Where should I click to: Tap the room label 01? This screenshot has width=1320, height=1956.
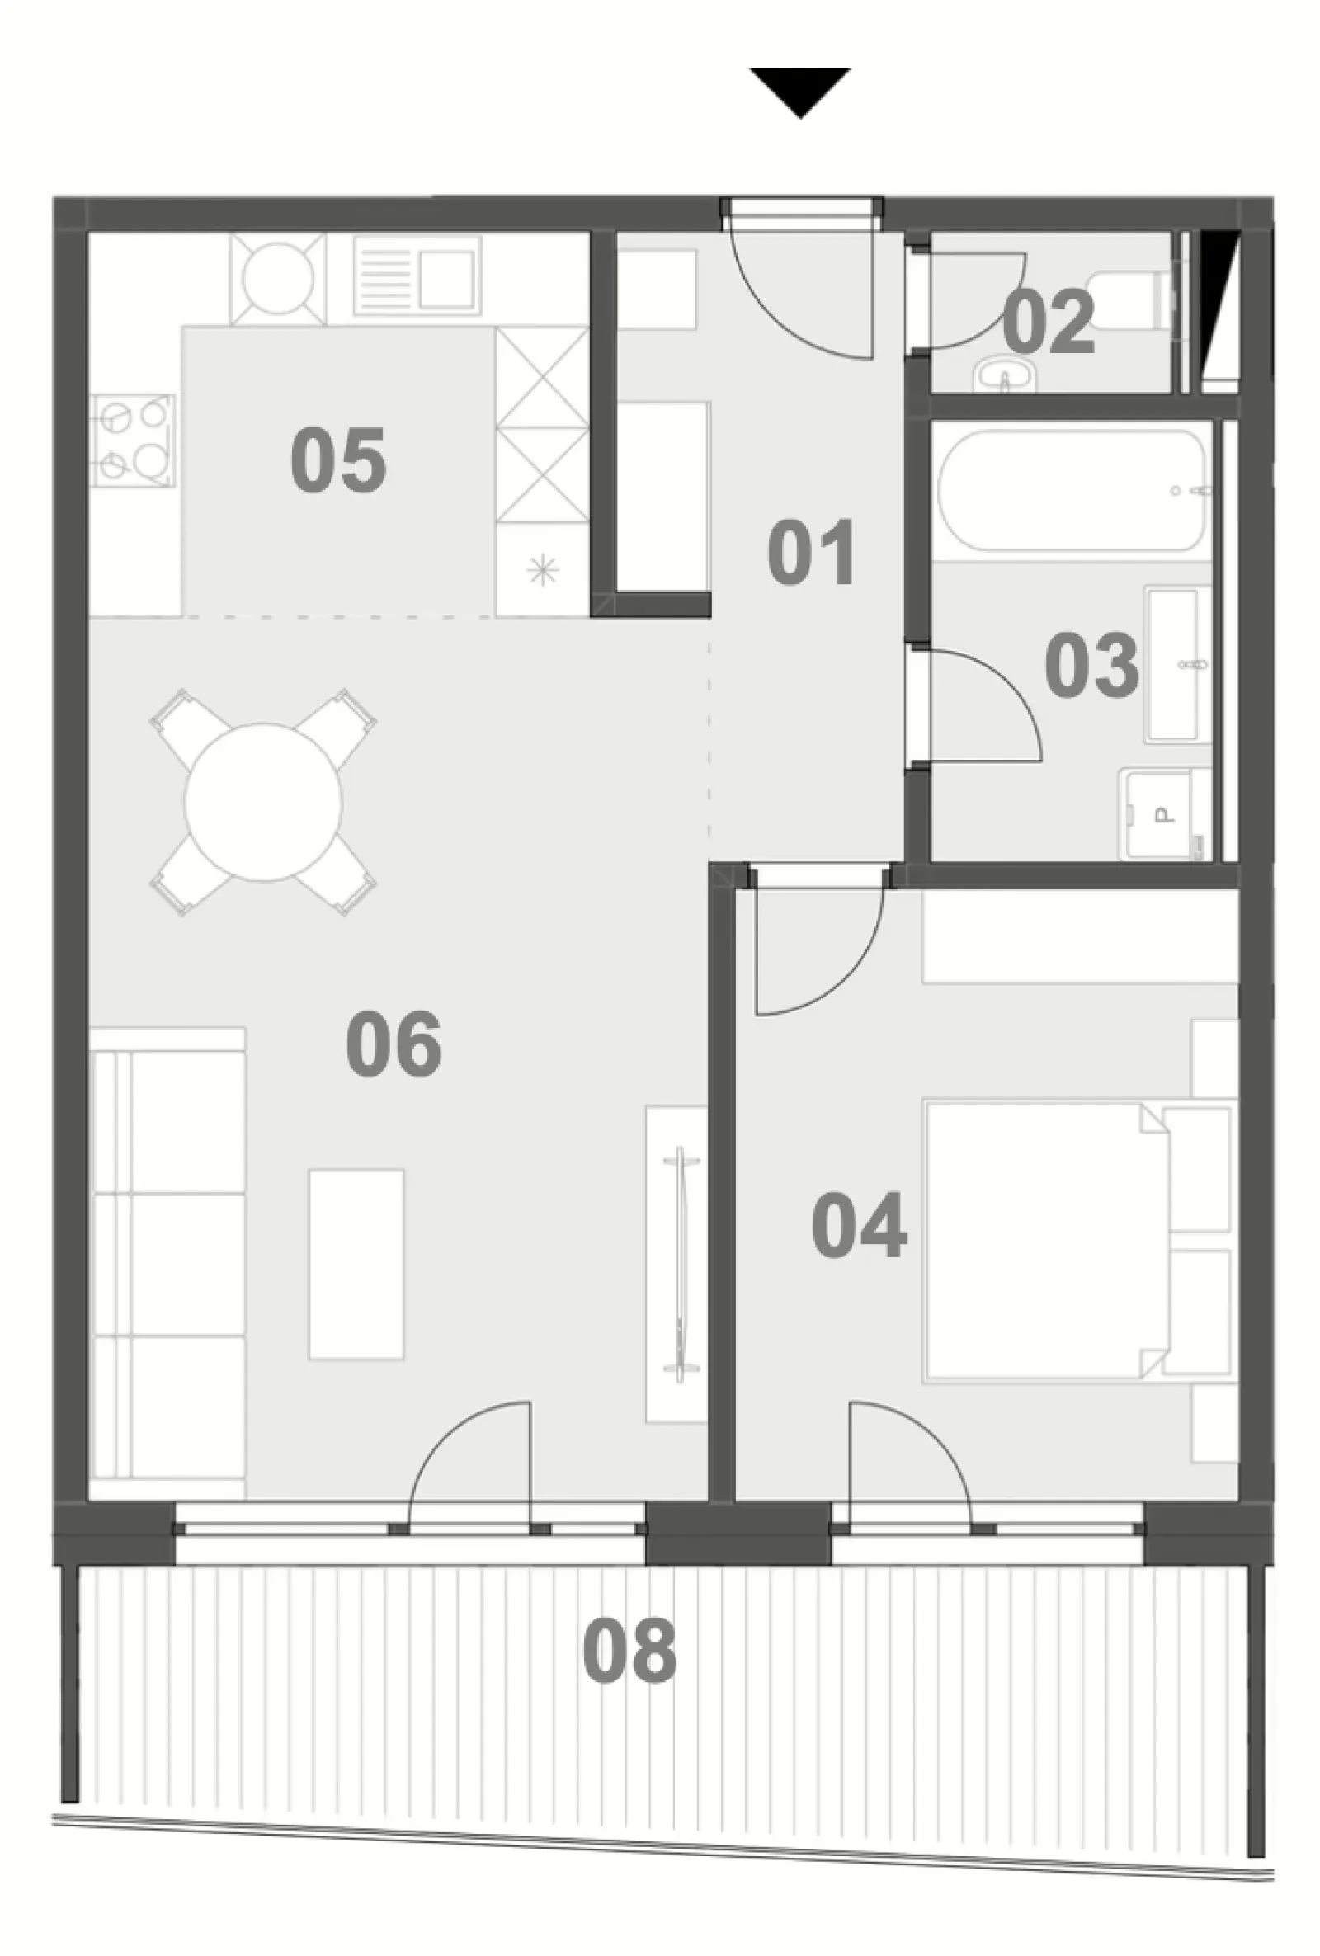pyautogui.click(x=812, y=552)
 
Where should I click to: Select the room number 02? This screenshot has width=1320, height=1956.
pyautogui.click(x=1048, y=321)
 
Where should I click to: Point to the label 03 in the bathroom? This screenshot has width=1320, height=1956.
pyautogui.click(x=1091, y=665)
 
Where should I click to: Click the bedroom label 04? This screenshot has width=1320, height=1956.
pyautogui.click(x=860, y=1225)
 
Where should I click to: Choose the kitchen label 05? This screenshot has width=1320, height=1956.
pyautogui.click(x=338, y=460)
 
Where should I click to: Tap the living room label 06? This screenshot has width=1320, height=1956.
pyautogui.click(x=394, y=1044)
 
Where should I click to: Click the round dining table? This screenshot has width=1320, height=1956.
pyautogui.click(x=263, y=802)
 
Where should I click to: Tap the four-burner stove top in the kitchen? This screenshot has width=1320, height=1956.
pyautogui.click(x=134, y=441)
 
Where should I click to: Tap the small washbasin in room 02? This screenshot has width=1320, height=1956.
pyautogui.click(x=1004, y=375)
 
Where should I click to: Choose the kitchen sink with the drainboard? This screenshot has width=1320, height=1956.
pyautogui.click(x=417, y=276)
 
